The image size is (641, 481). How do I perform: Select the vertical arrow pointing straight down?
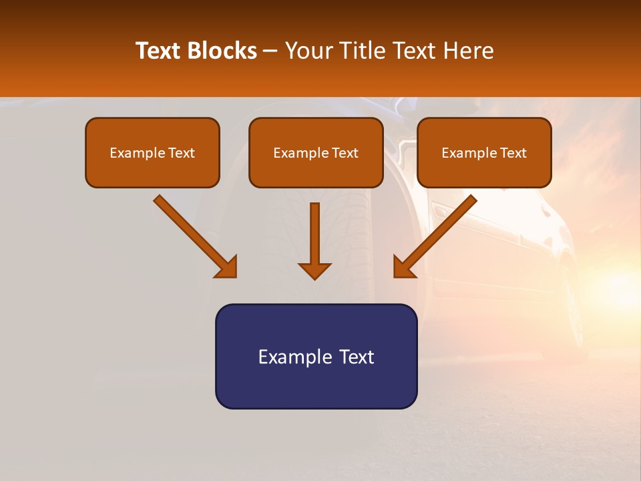pyautogui.click(x=314, y=234)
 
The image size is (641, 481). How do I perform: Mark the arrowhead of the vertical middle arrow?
pyautogui.click(x=314, y=271)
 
